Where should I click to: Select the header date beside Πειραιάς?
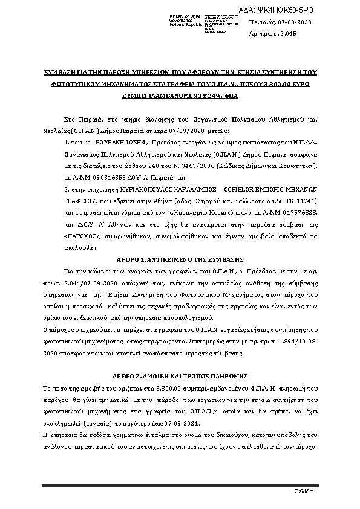pyautogui.click(x=295, y=22)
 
